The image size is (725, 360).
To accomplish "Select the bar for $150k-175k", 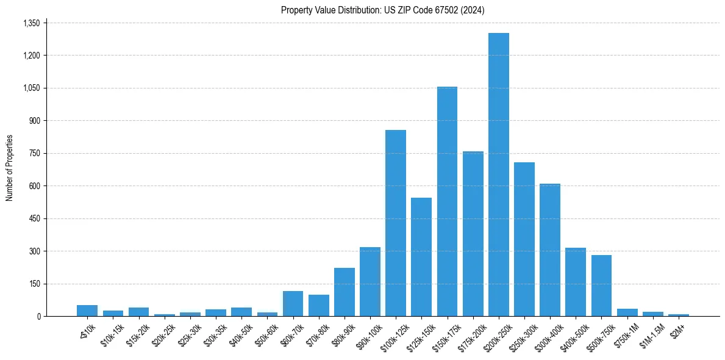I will pyautogui.click(x=447, y=201).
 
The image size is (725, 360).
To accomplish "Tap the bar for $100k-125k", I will pyautogui.click(x=396, y=223).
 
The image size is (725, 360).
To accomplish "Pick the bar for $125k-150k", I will pyautogui.click(x=421, y=257).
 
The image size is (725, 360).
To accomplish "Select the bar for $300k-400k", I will pyautogui.click(x=550, y=250).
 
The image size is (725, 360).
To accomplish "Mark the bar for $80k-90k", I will pyautogui.click(x=345, y=292).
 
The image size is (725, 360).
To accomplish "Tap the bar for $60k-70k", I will pyautogui.click(x=293, y=303).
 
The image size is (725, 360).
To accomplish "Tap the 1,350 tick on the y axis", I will pyautogui.click(x=31, y=23).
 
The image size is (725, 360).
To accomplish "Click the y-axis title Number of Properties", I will pyautogui.click(x=9, y=168).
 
